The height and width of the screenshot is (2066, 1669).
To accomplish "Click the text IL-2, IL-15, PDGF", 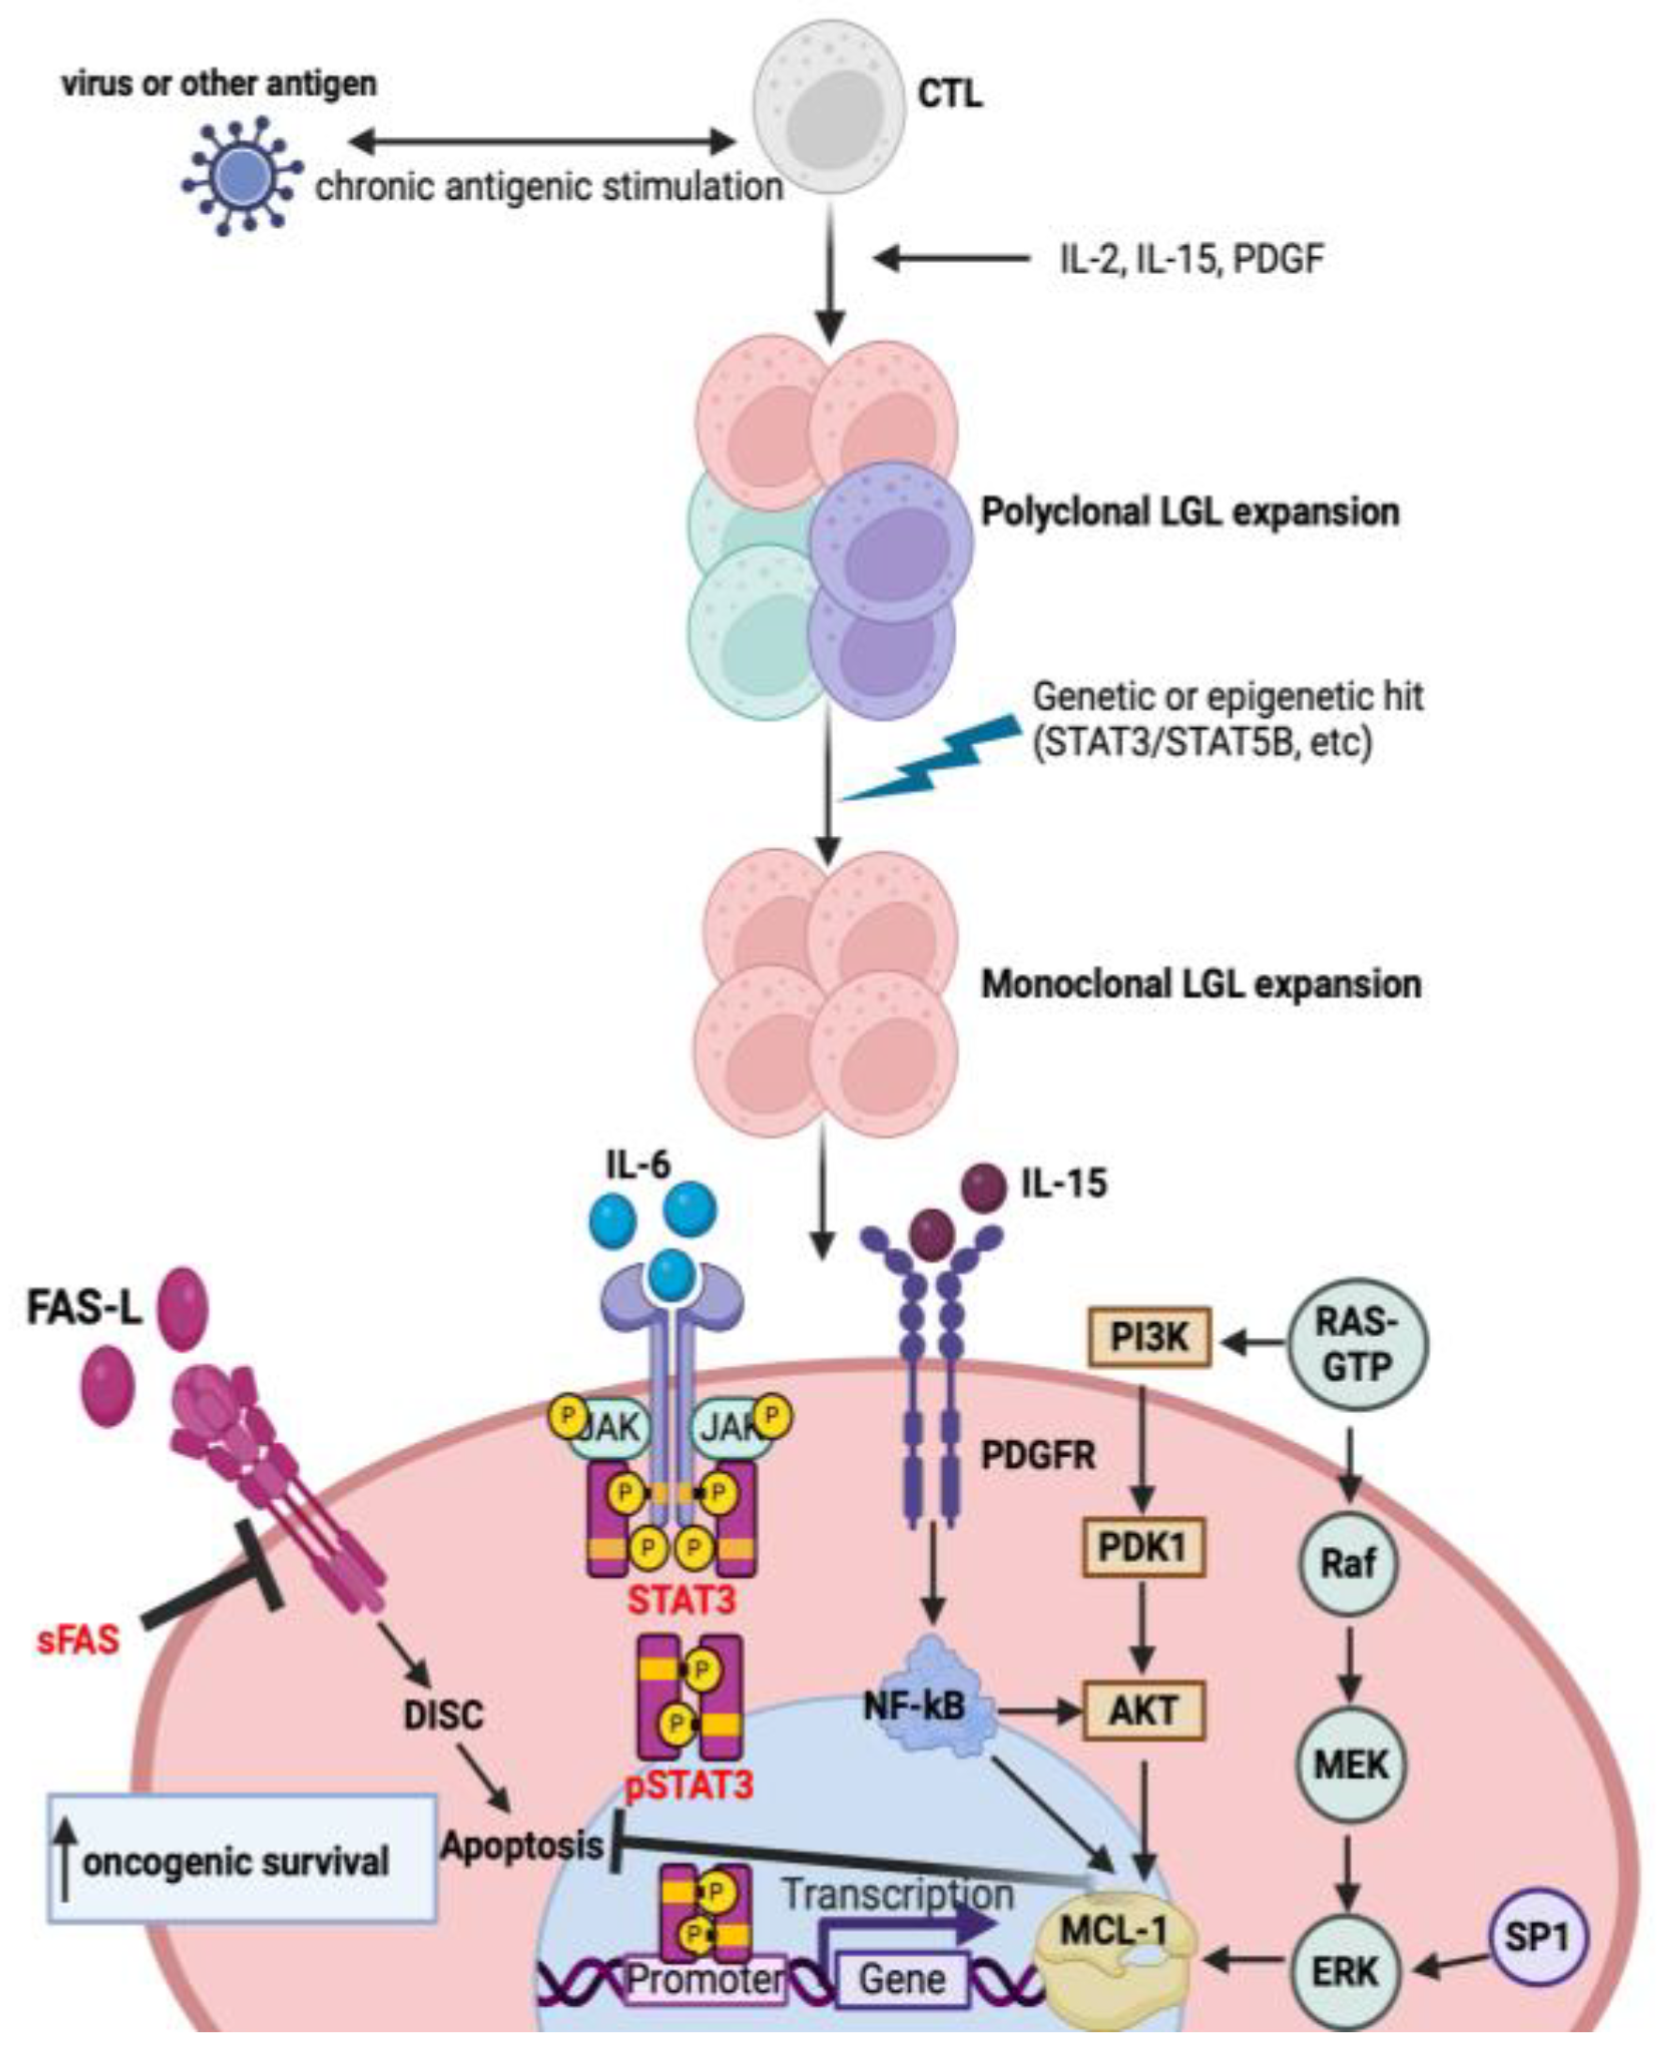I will click(1191, 259).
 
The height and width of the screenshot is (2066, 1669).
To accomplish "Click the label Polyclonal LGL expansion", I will click(1190, 511).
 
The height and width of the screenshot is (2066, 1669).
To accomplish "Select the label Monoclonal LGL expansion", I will click(1201, 983).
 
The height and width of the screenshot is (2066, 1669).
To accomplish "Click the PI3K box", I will click(1149, 1337).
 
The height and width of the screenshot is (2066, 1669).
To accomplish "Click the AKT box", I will click(1143, 1710).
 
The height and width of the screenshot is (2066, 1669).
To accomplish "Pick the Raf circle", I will click(1348, 1562).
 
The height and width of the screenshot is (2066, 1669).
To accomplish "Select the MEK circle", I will click(1350, 1764).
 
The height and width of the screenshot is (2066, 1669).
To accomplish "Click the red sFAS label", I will click(78, 1639).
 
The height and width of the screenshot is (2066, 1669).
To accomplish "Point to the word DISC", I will click(443, 1715).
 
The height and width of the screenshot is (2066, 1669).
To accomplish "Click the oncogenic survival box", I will click(240, 1861).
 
